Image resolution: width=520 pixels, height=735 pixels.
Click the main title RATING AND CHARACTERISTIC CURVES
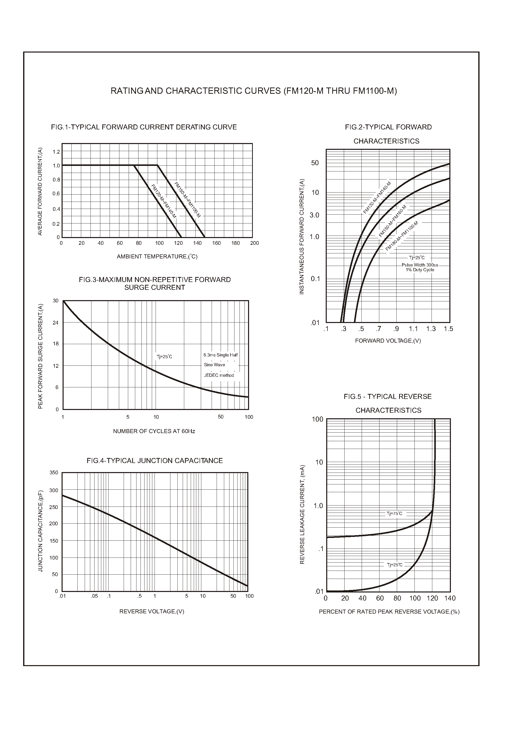click(x=254, y=91)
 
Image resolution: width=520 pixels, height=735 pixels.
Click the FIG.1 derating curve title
click(x=144, y=127)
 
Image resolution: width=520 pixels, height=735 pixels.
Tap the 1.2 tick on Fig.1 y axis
click(x=56, y=152)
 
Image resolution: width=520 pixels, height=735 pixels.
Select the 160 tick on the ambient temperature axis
click(x=216, y=243)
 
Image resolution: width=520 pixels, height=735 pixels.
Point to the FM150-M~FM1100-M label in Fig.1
click(x=187, y=200)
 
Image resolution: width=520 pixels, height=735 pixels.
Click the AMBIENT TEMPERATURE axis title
click(x=157, y=257)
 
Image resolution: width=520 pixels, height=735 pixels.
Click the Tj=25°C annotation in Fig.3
click(x=164, y=357)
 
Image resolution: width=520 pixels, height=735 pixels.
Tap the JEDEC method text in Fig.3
click(x=219, y=375)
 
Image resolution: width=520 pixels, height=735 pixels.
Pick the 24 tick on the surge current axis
click(x=56, y=323)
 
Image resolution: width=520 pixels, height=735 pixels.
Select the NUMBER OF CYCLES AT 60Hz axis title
click(x=154, y=431)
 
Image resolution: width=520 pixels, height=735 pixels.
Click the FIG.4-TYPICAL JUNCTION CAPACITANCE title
click(x=155, y=461)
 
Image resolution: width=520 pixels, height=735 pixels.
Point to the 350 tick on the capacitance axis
click(x=54, y=473)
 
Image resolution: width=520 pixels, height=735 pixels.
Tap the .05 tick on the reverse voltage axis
click(x=94, y=596)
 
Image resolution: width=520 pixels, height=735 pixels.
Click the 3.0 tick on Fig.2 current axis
click(x=314, y=215)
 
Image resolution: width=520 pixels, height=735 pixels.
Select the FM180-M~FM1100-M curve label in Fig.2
click(x=402, y=236)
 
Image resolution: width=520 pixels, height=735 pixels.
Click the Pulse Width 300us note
click(x=420, y=265)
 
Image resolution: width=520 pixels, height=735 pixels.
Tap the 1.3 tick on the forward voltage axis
click(x=431, y=329)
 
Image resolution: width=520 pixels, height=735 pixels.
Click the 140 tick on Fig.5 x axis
click(x=450, y=598)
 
